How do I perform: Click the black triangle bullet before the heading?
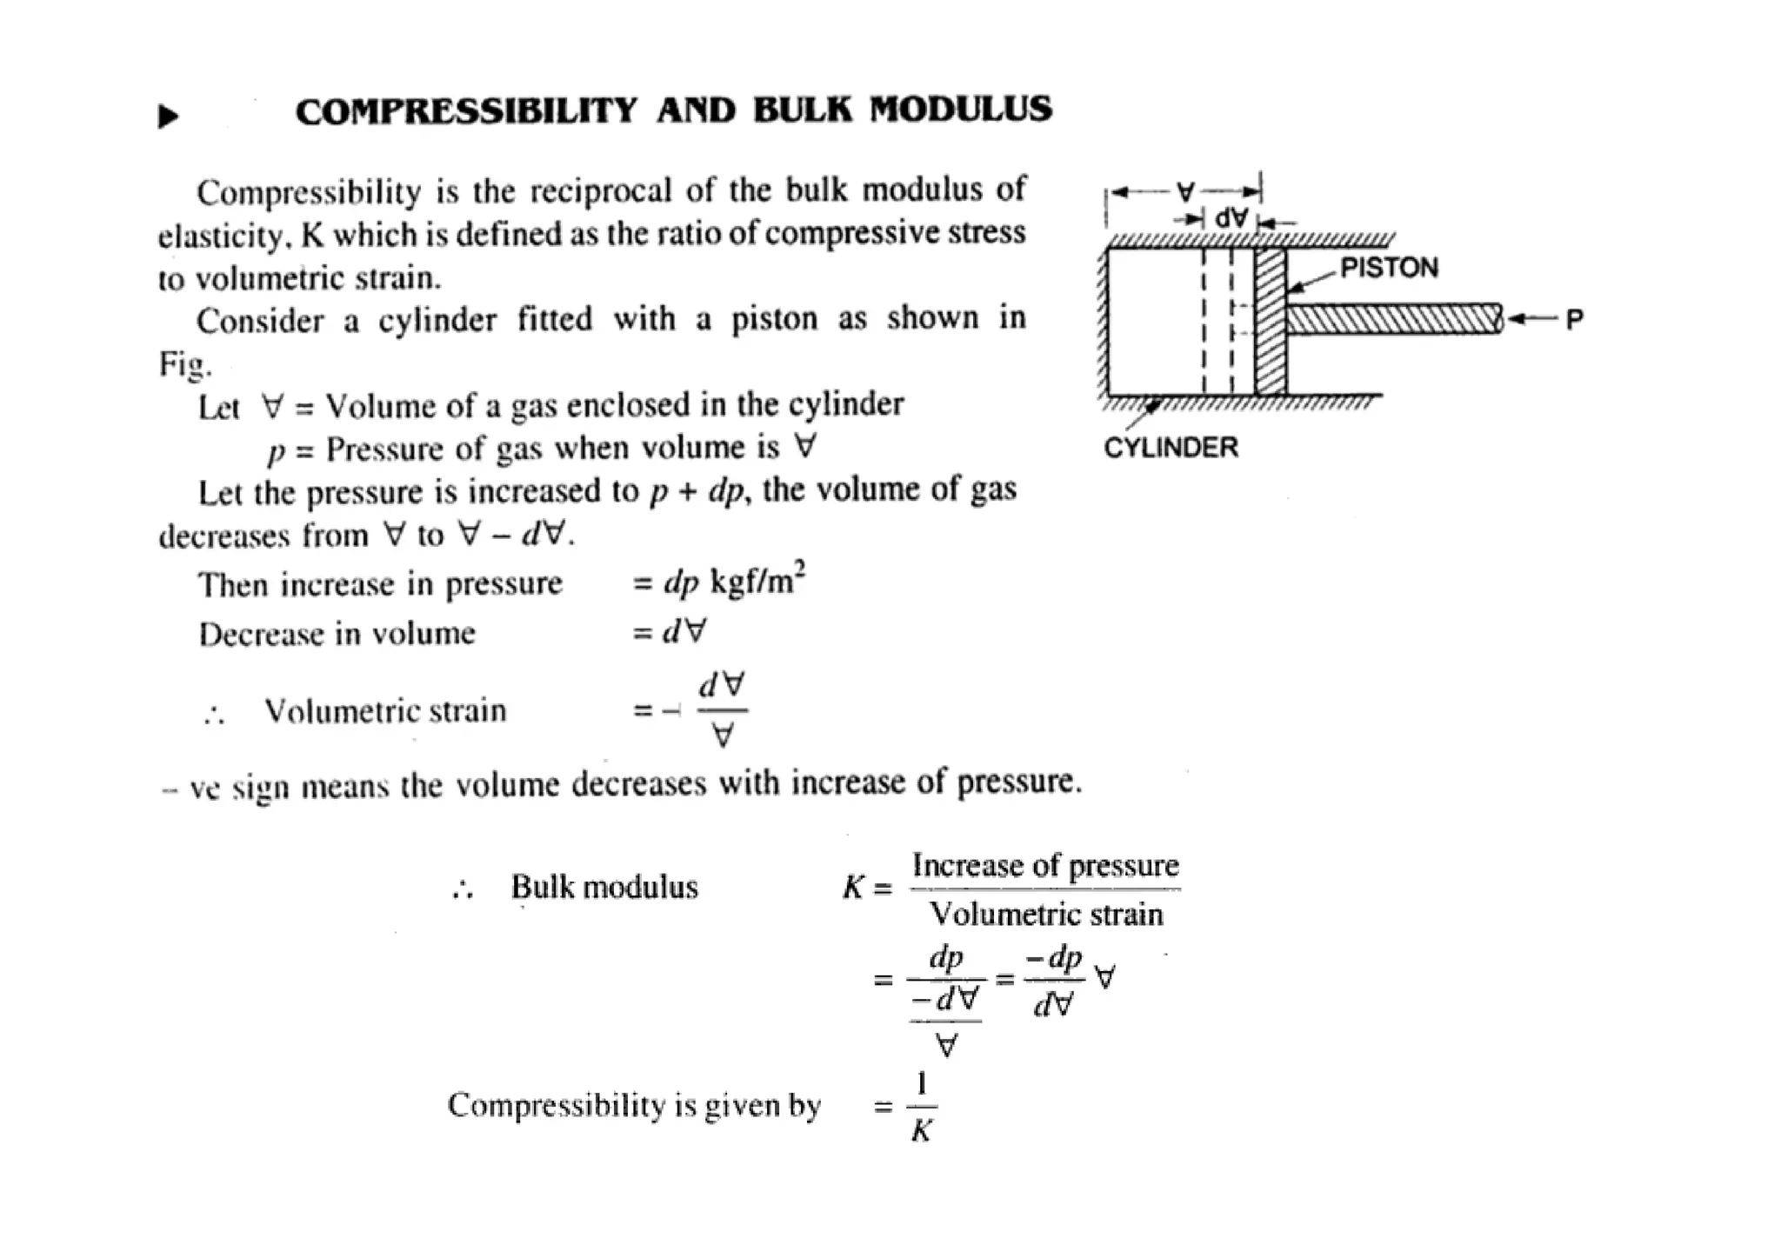tap(168, 116)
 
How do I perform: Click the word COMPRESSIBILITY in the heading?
tap(466, 111)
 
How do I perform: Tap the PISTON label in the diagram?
tap(1389, 268)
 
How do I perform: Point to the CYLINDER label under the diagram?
tap(1171, 448)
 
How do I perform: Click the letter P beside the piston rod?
tap(1574, 320)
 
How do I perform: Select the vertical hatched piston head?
tap(1271, 322)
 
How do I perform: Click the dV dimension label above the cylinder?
tap(1231, 218)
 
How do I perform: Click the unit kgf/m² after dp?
tap(757, 580)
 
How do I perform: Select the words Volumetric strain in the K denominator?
tap(1045, 915)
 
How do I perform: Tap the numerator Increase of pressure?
tap(1045, 866)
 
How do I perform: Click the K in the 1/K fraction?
tap(922, 1131)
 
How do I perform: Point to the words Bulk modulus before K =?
tap(604, 888)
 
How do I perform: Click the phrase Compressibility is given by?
tap(634, 1106)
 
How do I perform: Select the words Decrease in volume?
tap(337, 634)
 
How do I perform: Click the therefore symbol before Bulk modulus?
tap(463, 889)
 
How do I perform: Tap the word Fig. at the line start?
tap(184, 363)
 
